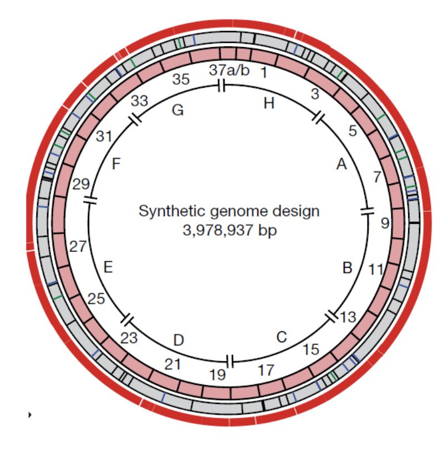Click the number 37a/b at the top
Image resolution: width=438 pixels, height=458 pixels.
click(229, 70)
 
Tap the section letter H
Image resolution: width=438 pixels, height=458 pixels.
click(269, 103)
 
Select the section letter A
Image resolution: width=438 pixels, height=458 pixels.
click(342, 164)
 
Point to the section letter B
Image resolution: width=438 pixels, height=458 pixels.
click(347, 268)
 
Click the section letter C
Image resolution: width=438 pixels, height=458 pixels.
click(282, 337)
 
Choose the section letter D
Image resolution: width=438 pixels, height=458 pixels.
click(179, 340)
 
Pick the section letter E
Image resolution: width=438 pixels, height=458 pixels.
click(108, 267)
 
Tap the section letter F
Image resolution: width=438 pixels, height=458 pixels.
click(116, 164)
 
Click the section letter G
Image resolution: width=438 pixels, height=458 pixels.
click(178, 110)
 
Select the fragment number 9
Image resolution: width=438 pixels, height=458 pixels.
click(385, 223)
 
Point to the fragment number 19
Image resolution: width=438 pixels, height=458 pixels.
click(217, 375)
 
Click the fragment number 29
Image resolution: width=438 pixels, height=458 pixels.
click(81, 184)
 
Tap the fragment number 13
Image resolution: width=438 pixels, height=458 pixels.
click(348, 317)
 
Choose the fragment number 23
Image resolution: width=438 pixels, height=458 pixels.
click(129, 338)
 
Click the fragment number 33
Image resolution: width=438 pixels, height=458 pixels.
click(139, 101)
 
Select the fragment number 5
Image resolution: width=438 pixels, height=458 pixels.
click(353, 131)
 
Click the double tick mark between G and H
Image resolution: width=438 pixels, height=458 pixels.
click(221, 85)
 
